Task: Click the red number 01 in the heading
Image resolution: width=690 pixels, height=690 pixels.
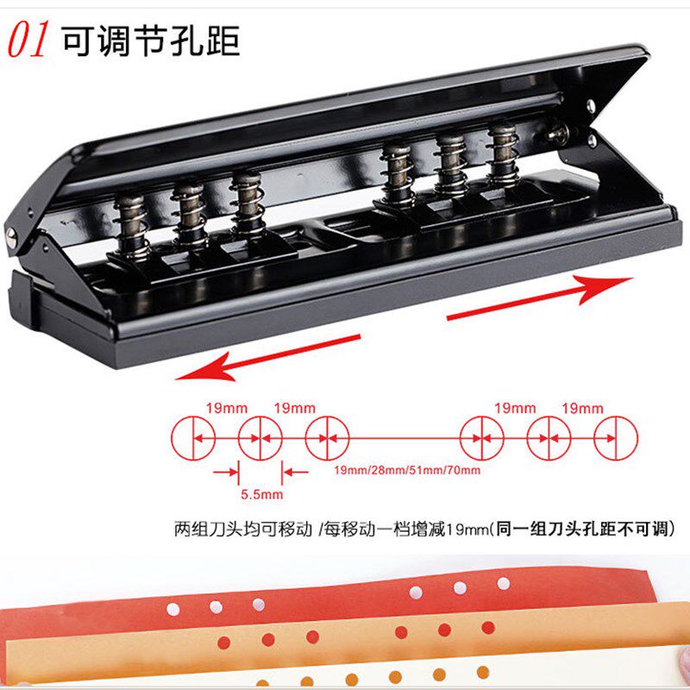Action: tap(28, 40)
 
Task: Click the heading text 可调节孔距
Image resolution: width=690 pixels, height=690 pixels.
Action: tap(150, 41)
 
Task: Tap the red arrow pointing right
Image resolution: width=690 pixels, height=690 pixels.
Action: tap(540, 297)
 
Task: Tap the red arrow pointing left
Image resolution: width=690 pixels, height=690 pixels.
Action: tap(268, 358)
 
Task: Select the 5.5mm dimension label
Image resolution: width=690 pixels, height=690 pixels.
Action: tap(261, 494)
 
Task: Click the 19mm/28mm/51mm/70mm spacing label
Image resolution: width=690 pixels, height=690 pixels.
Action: tap(407, 470)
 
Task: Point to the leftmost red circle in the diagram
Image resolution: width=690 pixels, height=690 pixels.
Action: tap(193, 438)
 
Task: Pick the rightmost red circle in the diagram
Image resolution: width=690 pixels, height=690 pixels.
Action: tap(616, 438)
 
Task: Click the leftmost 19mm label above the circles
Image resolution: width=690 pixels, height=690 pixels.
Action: tap(227, 408)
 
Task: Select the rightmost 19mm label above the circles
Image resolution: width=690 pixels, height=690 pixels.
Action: tap(582, 408)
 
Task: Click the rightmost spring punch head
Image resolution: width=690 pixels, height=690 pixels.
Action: tap(503, 154)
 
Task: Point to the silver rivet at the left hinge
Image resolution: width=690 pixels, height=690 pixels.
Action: tap(11, 238)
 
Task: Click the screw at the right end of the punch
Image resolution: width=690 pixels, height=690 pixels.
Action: tap(558, 132)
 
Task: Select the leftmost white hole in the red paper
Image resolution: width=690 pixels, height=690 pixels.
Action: tap(173, 609)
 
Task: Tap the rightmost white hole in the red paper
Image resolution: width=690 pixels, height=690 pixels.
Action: tap(504, 584)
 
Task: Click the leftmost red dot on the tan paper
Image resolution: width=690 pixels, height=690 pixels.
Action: tap(224, 643)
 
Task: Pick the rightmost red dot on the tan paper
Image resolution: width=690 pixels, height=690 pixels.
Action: tap(488, 628)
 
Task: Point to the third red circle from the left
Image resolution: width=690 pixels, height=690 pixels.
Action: tap(327, 438)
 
